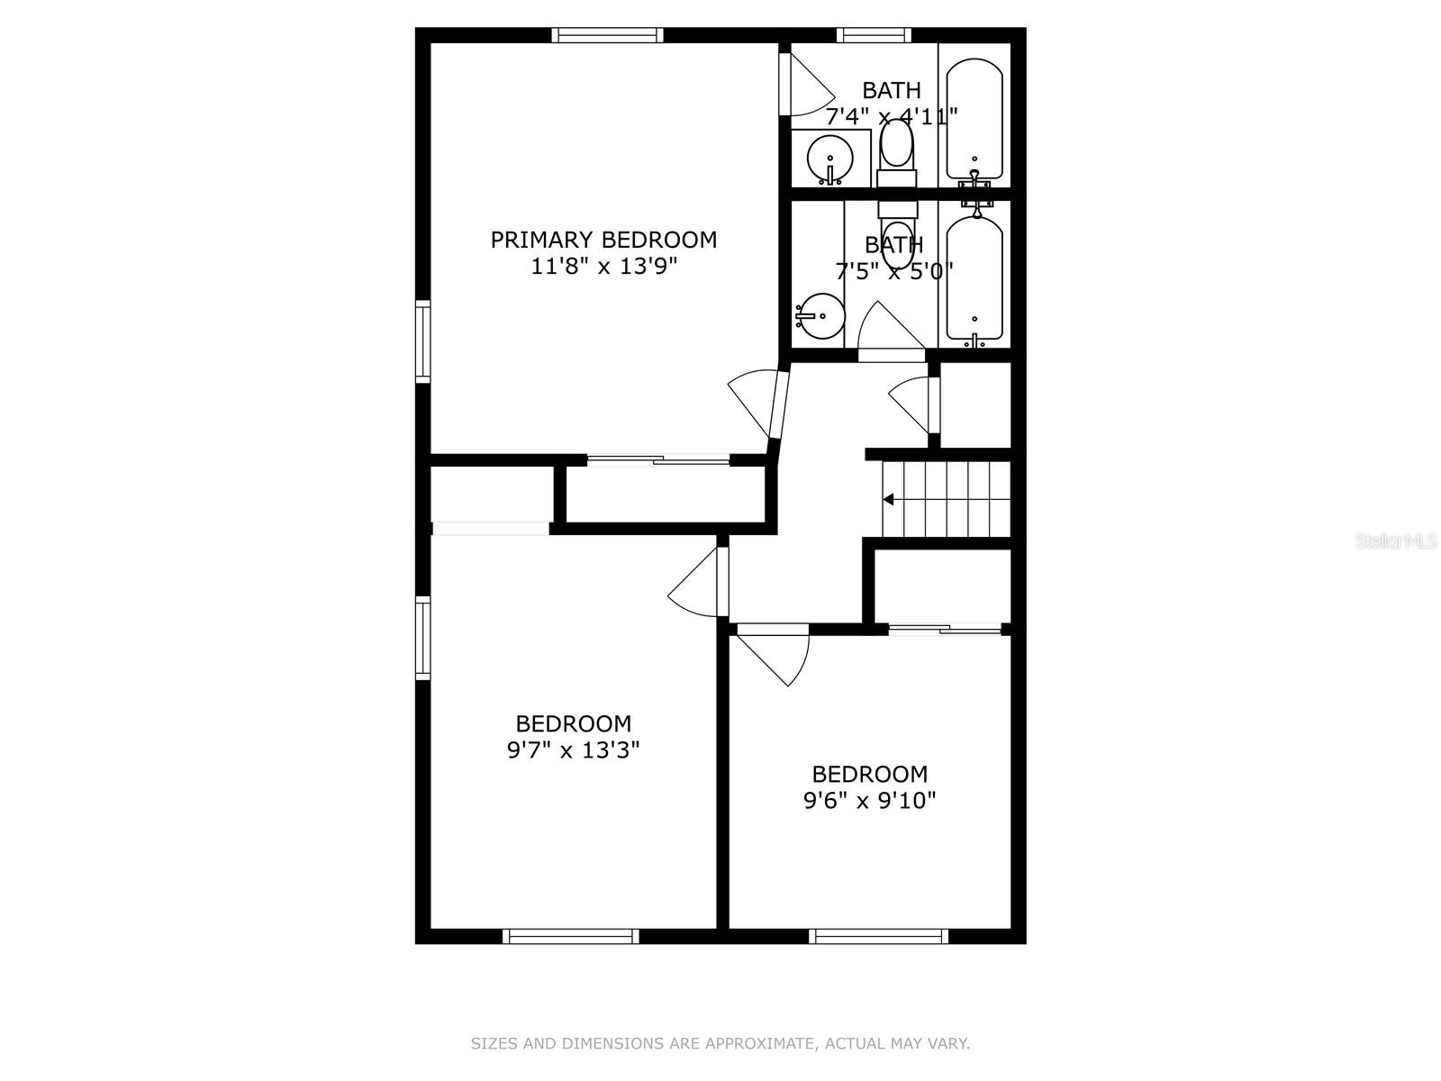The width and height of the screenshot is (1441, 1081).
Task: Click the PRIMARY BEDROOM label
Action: (603, 240)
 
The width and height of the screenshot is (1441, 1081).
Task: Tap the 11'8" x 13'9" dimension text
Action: (603, 267)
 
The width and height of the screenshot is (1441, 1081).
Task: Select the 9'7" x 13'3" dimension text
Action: (573, 749)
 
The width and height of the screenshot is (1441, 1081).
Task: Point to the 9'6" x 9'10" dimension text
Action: (869, 800)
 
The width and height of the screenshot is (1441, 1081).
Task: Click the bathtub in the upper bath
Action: (974, 119)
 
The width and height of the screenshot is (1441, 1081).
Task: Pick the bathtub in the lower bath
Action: (974, 279)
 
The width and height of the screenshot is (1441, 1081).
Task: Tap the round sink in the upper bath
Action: (829, 160)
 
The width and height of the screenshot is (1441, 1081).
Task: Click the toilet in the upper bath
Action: (896, 149)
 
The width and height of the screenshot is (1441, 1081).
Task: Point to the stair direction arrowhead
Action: (888, 499)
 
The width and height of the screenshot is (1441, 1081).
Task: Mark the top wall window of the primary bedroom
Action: (607, 35)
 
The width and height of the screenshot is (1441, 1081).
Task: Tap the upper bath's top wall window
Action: (873, 35)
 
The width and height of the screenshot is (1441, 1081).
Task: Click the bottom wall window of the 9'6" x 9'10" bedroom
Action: (878, 937)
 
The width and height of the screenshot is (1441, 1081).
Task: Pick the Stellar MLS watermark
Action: (1396, 541)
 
